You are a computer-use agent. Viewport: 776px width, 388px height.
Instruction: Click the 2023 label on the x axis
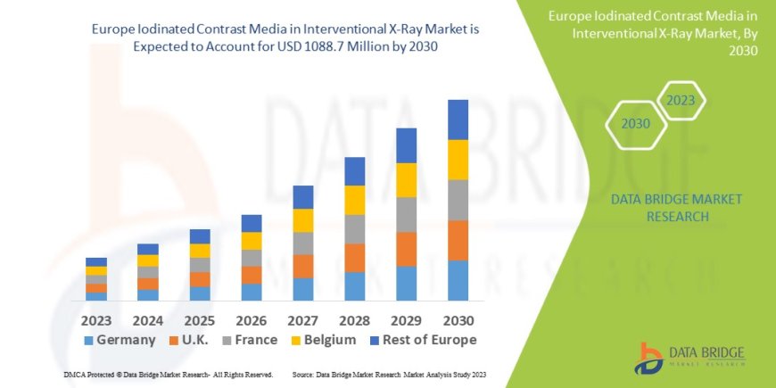[96, 319]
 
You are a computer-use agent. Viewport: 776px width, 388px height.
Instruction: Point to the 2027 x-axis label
[303, 319]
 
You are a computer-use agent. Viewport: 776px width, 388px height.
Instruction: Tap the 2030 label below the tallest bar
[458, 319]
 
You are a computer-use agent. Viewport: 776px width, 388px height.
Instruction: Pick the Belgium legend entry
[326, 340]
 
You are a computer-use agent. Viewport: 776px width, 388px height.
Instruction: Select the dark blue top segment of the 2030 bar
[458, 120]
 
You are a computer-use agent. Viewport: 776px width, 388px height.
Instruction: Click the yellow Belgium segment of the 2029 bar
[407, 180]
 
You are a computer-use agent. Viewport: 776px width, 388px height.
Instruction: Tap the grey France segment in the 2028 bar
[355, 229]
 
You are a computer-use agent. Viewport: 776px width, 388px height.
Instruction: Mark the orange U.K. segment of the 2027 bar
[303, 266]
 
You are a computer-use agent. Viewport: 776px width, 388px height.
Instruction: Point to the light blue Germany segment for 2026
[252, 292]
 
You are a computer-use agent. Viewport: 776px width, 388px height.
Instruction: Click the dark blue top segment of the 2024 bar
[148, 249]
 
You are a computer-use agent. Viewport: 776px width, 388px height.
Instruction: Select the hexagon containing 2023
[681, 101]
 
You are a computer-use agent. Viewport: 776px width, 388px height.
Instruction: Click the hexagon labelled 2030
[636, 124]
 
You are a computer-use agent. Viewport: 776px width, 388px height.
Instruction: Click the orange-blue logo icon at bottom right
[649, 358]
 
